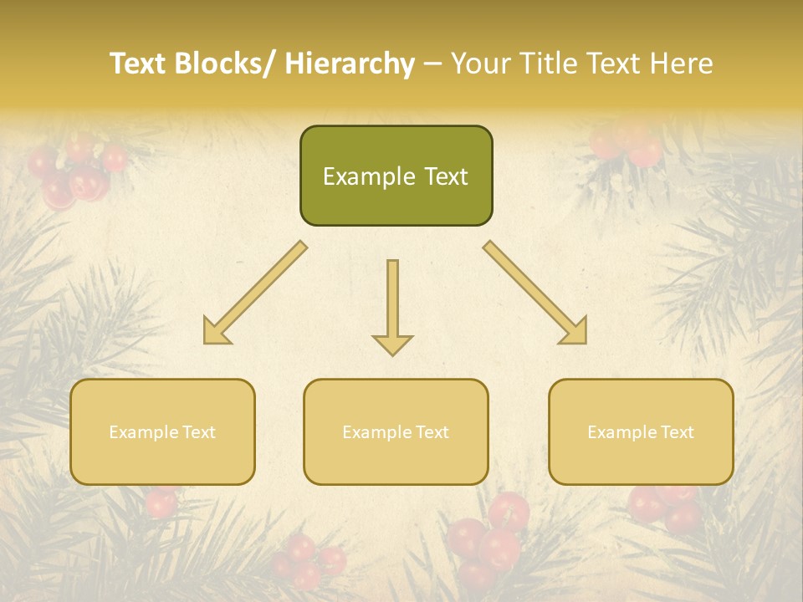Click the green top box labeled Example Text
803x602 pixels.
pyautogui.click(x=396, y=176)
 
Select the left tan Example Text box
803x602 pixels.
pyautogui.click(x=162, y=431)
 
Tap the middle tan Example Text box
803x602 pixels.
pyautogui.click(x=396, y=431)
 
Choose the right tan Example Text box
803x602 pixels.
pyautogui.click(x=641, y=431)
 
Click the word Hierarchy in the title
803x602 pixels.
pyautogui.click(x=350, y=64)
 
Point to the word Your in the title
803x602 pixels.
pyautogui.click(x=482, y=64)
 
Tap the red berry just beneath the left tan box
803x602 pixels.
pyautogui.click(x=161, y=502)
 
